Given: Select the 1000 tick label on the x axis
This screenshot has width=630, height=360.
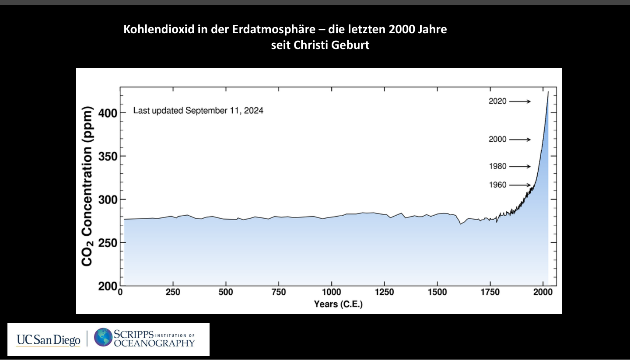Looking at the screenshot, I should (x=332, y=292).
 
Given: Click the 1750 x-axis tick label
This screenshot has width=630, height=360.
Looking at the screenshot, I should (x=490, y=292).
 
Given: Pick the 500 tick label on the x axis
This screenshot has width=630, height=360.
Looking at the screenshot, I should (x=226, y=292).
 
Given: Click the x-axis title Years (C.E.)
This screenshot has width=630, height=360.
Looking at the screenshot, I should (x=338, y=304).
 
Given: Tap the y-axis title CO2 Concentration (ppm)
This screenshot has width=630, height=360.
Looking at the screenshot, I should (x=87, y=186).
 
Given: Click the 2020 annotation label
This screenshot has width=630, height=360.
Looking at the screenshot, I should (x=497, y=101).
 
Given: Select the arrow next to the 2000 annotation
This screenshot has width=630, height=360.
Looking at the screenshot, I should (x=520, y=140).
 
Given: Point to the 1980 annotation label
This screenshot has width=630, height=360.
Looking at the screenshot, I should (x=497, y=167).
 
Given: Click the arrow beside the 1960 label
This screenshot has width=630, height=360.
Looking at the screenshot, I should (x=520, y=185).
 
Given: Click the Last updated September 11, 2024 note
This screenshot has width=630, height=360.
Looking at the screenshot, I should (x=198, y=111).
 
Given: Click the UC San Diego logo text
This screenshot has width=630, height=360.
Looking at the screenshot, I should (x=48, y=340).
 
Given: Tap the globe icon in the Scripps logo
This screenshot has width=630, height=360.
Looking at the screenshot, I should (x=103, y=337).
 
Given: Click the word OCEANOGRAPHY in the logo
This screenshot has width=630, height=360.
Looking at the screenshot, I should (x=154, y=343).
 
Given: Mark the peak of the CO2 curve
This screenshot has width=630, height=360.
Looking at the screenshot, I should (x=548, y=92).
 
